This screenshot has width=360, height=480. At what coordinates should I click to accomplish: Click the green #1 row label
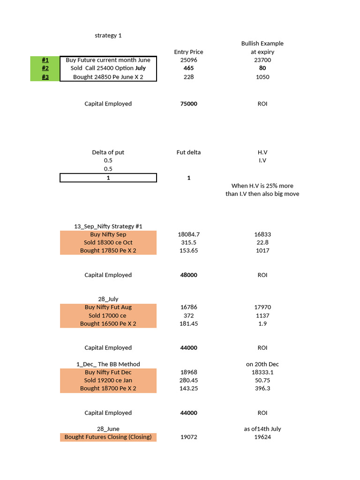(45, 60)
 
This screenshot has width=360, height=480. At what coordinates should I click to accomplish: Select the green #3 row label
(45, 77)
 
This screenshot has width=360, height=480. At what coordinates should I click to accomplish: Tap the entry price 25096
(188, 60)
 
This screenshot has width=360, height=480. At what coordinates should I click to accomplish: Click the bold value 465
(188, 68)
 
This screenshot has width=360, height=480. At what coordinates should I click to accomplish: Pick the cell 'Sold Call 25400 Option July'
(108, 68)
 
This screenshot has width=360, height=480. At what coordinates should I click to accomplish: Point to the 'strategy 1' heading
(108, 35)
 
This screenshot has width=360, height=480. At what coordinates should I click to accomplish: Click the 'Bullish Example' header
(262, 44)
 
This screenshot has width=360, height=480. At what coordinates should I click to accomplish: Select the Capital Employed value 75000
(188, 104)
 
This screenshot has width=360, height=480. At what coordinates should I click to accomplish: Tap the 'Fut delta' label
(188, 152)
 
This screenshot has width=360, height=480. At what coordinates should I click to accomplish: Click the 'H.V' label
(262, 152)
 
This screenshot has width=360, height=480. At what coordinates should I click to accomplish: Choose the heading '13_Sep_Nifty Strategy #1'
(108, 226)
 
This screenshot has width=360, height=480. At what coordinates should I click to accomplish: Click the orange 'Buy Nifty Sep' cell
(108, 234)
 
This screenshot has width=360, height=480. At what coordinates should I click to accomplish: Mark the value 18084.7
(188, 234)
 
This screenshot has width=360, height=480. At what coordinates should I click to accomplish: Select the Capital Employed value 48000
(188, 275)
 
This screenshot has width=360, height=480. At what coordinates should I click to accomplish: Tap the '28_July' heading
(108, 299)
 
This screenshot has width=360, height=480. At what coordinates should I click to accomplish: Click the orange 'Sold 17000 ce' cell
(108, 315)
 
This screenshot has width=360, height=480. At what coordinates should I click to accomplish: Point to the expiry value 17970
(262, 307)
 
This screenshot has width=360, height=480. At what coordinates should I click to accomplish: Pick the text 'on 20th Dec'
(262, 364)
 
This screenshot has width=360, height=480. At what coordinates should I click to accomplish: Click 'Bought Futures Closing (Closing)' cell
(108, 437)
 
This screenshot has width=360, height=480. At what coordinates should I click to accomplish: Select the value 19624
(262, 437)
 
